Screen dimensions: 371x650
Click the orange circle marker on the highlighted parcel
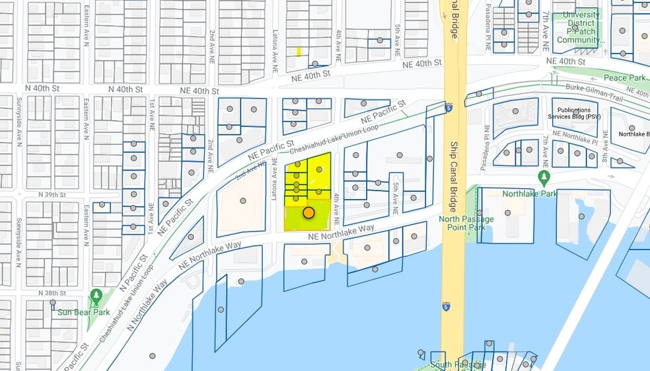308,212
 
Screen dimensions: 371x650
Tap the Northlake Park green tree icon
544,177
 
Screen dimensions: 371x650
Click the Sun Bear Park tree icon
96,296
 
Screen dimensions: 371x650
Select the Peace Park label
624,78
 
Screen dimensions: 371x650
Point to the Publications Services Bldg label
574,114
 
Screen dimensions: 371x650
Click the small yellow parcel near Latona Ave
299,52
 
